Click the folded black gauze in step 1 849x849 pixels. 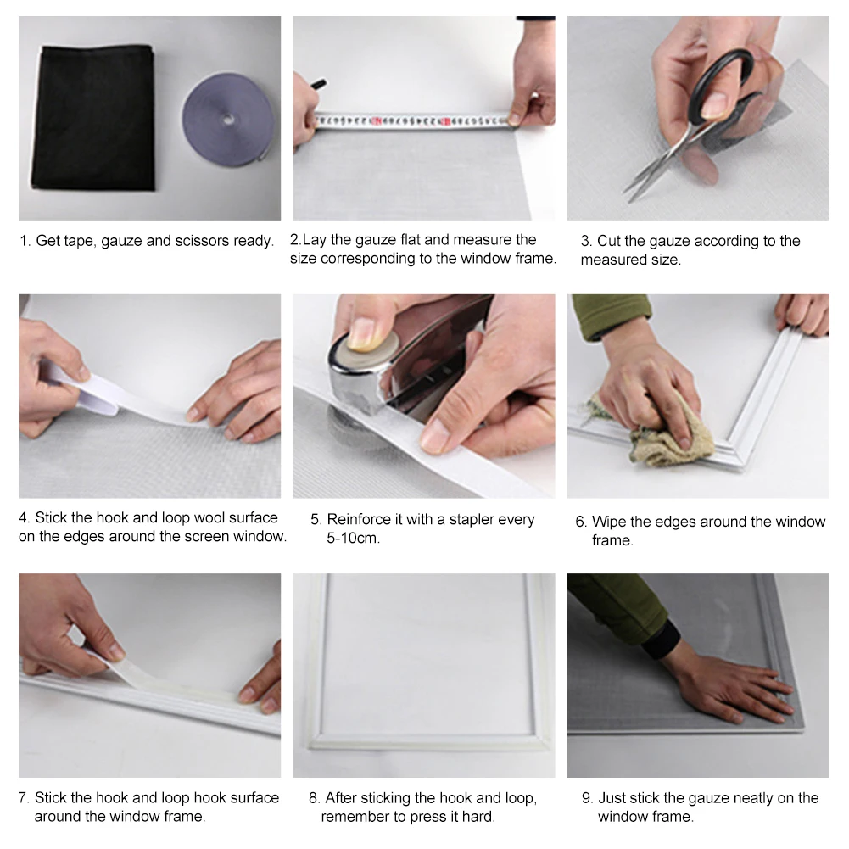(93, 118)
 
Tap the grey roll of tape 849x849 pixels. (228, 118)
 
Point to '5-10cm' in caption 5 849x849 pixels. (353, 539)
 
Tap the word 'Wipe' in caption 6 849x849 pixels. (608, 522)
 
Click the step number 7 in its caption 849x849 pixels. (23, 798)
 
